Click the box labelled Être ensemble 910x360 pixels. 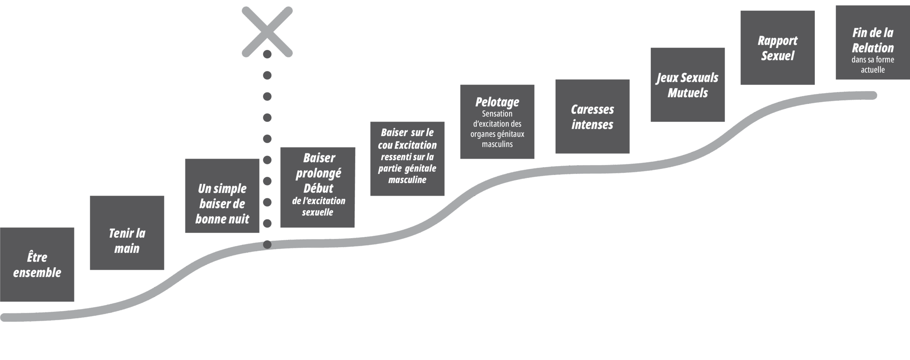click(x=37, y=265)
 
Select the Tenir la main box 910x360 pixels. click(x=127, y=233)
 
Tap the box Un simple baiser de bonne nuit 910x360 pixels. click(x=222, y=196)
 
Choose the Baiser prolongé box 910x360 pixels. click(x=317, y=187)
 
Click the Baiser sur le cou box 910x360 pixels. click(x=407, y=158)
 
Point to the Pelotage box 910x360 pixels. click(x=497, y=122)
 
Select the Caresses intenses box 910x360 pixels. click(x=592, y=117)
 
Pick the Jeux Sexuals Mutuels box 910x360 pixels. click(x=687, y=85)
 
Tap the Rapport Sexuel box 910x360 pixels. click(x=777, y=48)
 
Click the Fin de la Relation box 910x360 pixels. click(x=873, y=43)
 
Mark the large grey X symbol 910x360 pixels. click(x=267, y=32)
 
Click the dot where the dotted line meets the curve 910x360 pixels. click(x=267, y=245)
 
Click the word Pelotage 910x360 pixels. click(x=497, y=102)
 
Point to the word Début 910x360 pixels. click(x=318, y=188)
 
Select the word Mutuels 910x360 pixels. click(x=687, y=93)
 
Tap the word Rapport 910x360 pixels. click(x=777, y=41)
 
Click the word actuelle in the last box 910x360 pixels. click(x=873, y=70)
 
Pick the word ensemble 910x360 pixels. click(x=37, y=273)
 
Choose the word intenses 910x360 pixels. click(x=592, y=124)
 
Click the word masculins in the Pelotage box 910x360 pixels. click(x=497, y=144)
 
